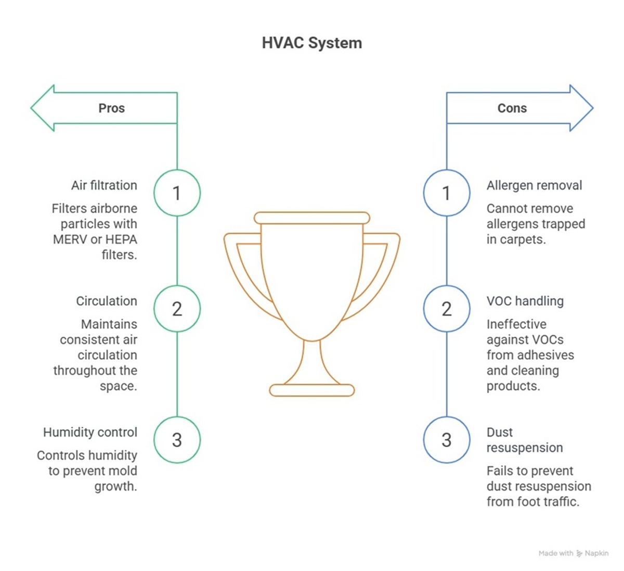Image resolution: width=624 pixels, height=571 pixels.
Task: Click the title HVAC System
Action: pos(311,43)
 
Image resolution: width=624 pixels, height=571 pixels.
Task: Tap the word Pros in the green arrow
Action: pos(111,108)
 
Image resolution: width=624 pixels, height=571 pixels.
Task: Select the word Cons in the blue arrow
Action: pos(512,108)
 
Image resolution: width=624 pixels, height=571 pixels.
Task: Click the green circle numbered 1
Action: pos(177,193)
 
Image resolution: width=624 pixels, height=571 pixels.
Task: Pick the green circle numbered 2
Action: pos(177,309)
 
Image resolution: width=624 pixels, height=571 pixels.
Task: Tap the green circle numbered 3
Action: pos(177,440)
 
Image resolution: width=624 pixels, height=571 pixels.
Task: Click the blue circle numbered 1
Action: pos(446,193)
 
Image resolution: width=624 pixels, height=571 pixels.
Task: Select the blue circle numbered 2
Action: pos(446,309)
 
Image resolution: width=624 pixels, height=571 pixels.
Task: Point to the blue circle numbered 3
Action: pos(446,440)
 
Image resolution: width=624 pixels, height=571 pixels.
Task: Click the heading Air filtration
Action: pos(104,185)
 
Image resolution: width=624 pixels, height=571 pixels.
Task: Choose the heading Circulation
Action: pos(107,301)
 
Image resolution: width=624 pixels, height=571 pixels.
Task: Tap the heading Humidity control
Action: pos(90,432)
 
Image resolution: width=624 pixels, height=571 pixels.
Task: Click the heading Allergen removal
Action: pos(534,185)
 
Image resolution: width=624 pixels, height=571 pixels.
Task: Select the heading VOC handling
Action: pos(525,301)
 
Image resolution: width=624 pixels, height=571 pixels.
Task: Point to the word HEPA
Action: pos(121,239)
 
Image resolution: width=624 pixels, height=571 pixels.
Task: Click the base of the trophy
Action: pos(312,390)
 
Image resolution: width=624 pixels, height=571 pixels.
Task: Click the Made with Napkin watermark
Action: pos(573,553)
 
